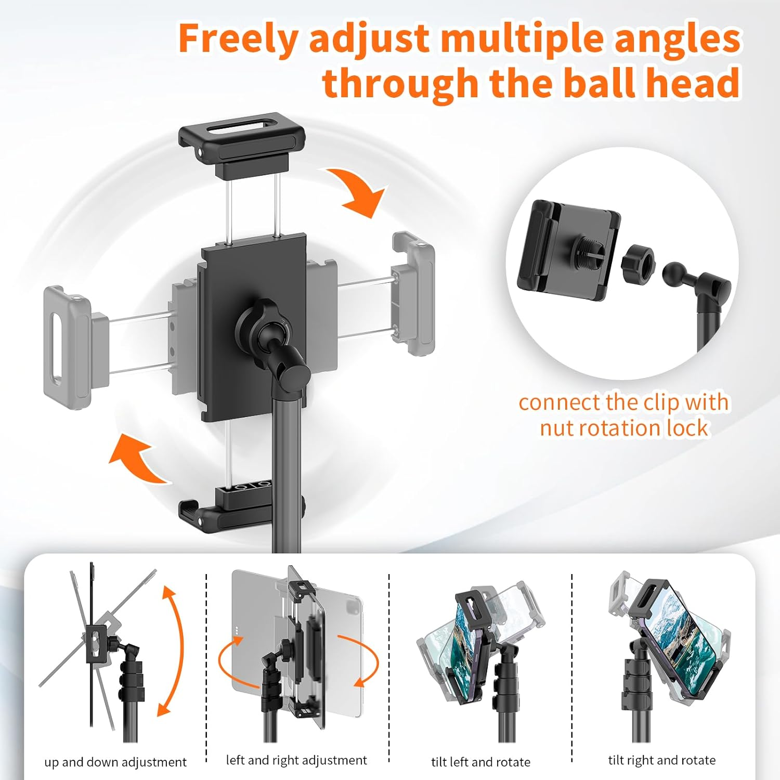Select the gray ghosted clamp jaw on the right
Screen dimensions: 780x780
pos(413,294)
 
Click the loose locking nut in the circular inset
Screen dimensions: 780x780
pos(638,263)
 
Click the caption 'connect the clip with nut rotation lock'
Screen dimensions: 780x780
pos(623,415)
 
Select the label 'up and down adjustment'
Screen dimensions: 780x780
pos(115,762)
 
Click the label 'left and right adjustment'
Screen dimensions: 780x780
pos(296,760)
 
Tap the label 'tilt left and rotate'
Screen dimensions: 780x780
pos(480,762)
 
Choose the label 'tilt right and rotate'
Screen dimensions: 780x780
pos(661,760)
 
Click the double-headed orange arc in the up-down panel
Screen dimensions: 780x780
pos(174,650)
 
